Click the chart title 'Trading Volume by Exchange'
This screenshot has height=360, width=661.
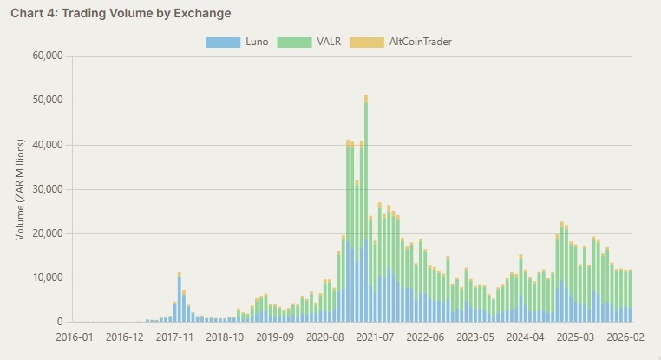tap(121, 13)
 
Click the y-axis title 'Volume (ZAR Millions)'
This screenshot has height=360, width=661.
tap(20, 189)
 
